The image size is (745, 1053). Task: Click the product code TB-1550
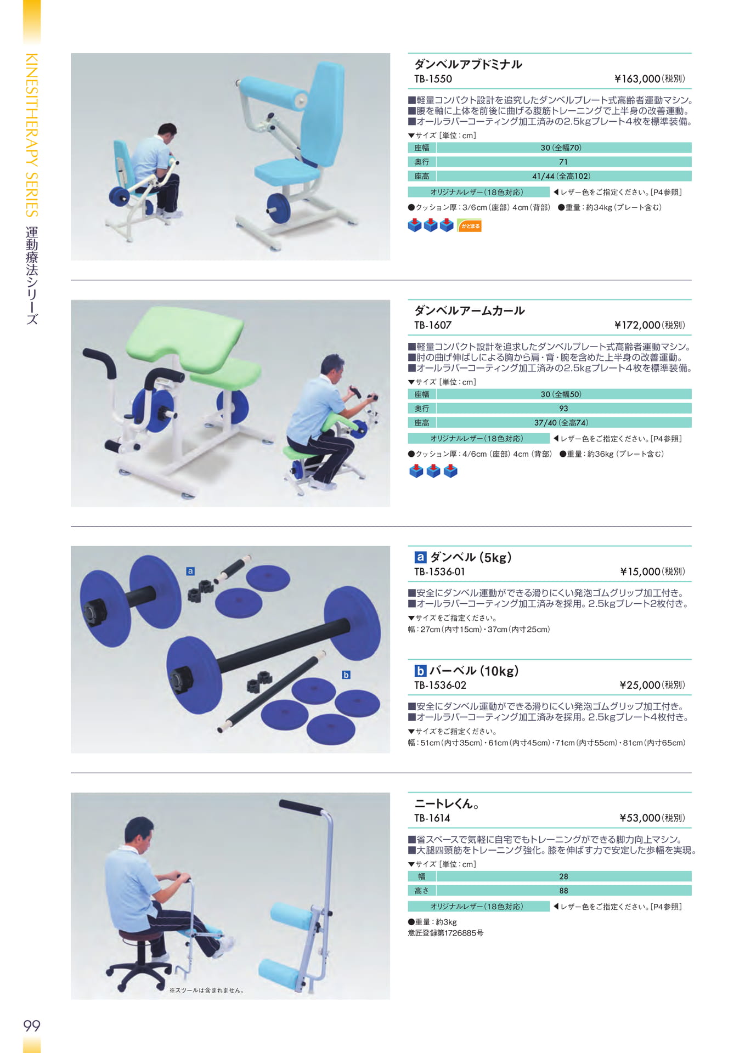pos(433,79)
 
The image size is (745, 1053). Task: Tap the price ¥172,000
pos(637,325)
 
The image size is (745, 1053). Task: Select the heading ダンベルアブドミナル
pos(468,64)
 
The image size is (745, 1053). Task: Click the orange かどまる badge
pos(469,225)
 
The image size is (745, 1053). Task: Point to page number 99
pos(32,1026)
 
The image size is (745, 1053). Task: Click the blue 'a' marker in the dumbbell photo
pos(190,571)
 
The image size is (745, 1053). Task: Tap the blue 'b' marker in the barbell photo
pos(346,675)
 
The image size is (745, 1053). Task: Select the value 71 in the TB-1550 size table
pos(563,162)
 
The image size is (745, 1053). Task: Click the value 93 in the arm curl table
pos(563,409)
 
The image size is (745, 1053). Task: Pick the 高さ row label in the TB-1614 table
pos(422,891)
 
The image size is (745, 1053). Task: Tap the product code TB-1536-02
pos(440,686)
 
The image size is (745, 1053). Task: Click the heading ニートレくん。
pos(447,804)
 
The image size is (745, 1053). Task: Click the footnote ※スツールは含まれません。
pos(207,990)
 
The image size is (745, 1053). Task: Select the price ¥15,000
pos(640,572)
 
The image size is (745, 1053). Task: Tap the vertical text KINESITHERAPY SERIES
pos(32,135)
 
